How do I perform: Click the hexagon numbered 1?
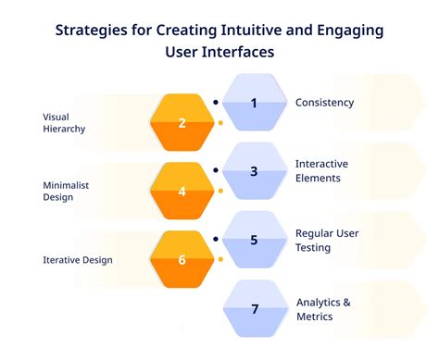[254, 102]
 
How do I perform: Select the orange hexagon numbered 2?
[182, 123]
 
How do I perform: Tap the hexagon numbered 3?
[254, 170]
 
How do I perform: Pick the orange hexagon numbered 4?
[182, 192]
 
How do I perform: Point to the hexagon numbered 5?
[254, 239]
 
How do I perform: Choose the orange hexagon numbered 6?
[182, 260]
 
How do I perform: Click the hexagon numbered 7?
[254, 307]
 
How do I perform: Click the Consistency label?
[324, 103]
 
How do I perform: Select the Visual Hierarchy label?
[64, 123]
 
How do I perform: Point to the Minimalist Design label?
[66, 192]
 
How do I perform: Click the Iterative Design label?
[78, 260]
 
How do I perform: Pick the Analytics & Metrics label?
[324, 309]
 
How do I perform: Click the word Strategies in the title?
[92, 31]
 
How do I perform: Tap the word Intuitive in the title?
[257, 31]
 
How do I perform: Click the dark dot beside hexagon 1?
[216, 102]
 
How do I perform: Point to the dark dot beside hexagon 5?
[216, 239]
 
